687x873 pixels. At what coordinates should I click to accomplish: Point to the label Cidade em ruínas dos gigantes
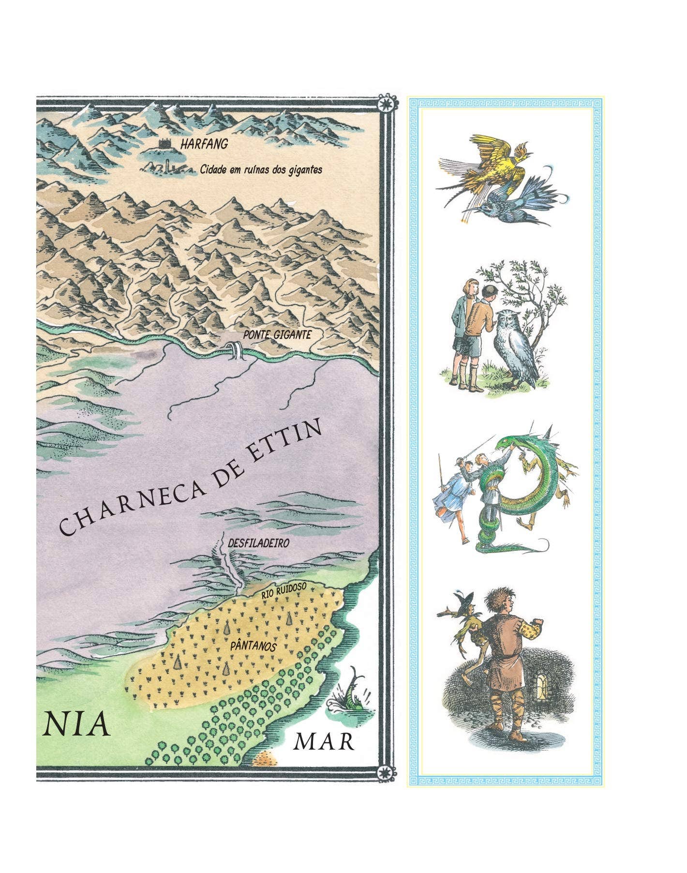(261, 170)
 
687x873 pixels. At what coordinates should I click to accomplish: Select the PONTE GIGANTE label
(277, 334)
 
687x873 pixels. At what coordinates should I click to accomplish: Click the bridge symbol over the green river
(235, 350)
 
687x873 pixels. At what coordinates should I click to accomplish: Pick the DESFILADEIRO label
(258, 543)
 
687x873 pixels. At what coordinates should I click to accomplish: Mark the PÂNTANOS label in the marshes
(253, 647)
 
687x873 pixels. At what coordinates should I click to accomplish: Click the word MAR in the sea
(324, 742)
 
